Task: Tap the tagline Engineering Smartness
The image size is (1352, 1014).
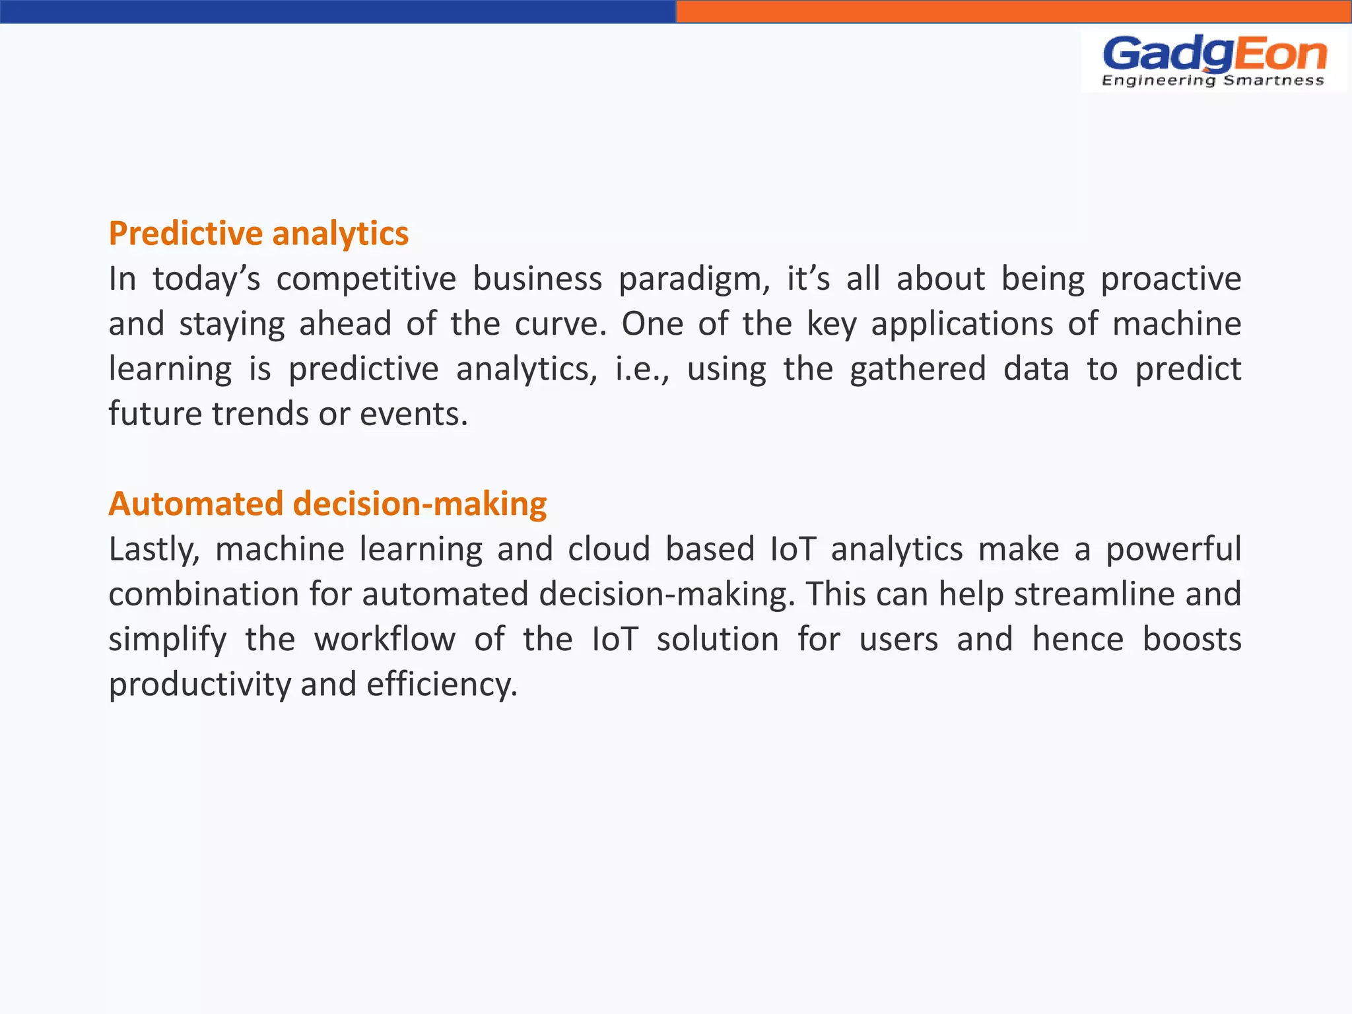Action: pos(1213,81)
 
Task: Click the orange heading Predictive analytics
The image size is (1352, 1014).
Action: pos(259,234)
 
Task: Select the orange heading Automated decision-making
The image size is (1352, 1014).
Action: pos(327,504)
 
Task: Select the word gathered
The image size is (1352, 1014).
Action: pos(918,369)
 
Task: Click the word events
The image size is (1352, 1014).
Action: pos(413,414)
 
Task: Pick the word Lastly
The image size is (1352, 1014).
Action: pos(154,550)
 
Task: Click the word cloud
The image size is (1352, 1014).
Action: pos(609,549)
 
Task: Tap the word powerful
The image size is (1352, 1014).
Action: pos(1173,549)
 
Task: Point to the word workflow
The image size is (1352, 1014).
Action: pos(384,639)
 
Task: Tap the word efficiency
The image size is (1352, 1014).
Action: pos(442,685)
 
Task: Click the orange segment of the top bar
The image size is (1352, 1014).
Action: pos(1013,11)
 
